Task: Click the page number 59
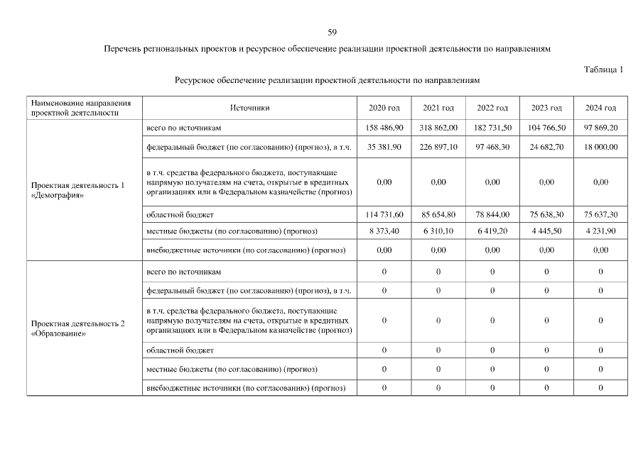click(x=332, y=33)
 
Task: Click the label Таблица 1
click(x=604, y=70)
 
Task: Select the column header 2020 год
click(x=384, y=108)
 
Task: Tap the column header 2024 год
click(x=600, y=108)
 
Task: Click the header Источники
click(x=249, y=108)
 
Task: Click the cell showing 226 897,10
click(x=438, y=147)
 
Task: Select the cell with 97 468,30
click(x=492, y=147)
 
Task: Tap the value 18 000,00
click(x=600, y=147)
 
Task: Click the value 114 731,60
click(x=384, y=214)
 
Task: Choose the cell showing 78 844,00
click(x=492, y=214)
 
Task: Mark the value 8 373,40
click(x=384, y=231)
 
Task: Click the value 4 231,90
click(x=600, y=231)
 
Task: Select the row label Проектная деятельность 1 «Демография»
click(x=78, y=190)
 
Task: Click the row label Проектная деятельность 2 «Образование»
click(x=78, y=328)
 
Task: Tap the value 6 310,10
click(x=438, y=231)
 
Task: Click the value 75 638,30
click(x=546, y=214)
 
